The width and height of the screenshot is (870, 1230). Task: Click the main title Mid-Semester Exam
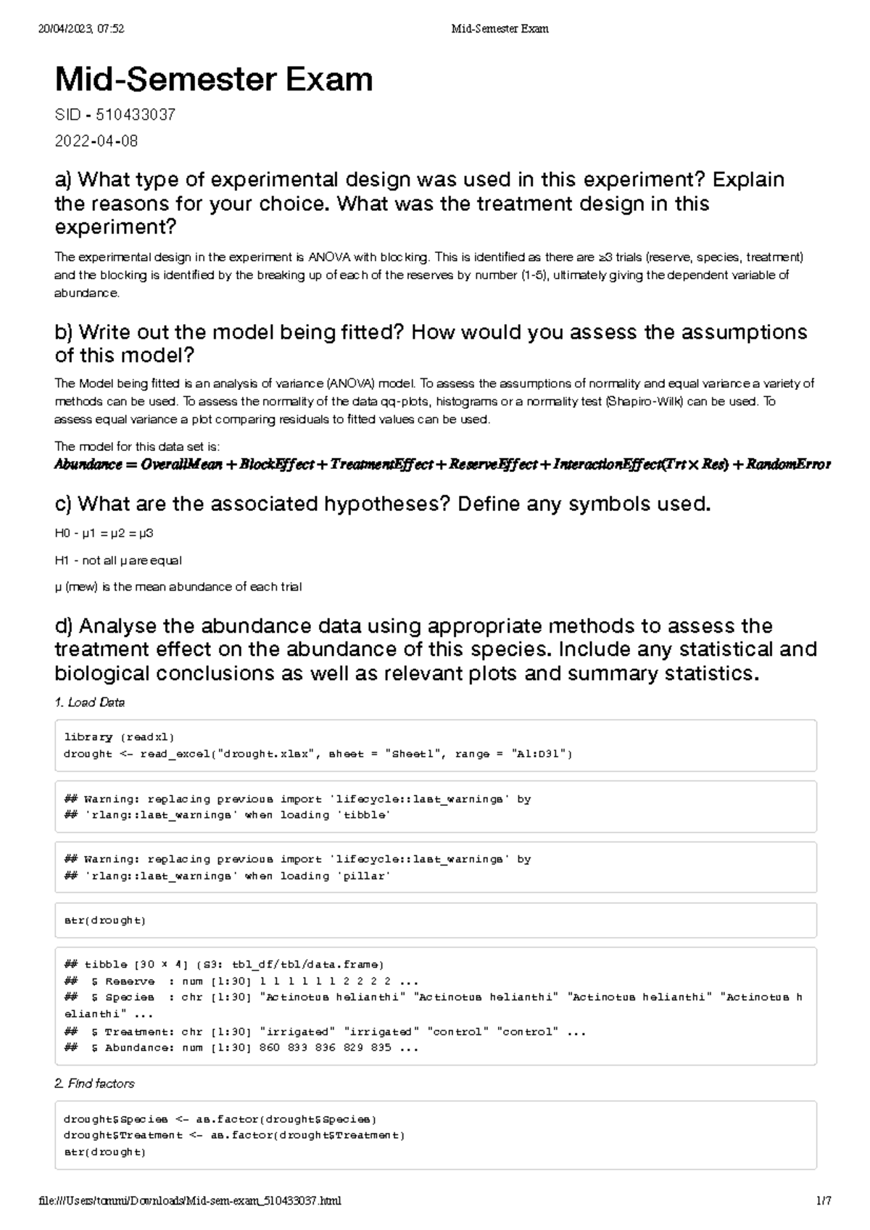[214, 80]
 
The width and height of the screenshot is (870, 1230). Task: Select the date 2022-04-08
[96, 141]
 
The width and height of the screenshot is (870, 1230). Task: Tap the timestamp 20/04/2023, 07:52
[81, 29]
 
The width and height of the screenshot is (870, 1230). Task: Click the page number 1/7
[824, 1200]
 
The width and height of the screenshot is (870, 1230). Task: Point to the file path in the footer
[190, 1200]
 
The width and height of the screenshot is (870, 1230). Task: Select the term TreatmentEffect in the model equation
[382, 465]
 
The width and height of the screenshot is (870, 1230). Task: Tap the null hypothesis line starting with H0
[104, 533]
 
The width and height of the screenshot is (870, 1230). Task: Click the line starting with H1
[118, 560]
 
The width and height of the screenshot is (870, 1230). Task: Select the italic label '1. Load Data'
[90, 702]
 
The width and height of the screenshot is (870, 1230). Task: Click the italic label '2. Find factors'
[94, 1084]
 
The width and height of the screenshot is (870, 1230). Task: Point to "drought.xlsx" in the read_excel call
[269, 754]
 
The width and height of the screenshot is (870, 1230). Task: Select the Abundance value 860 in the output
[269, 1047]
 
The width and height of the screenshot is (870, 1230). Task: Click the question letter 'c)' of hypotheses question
[64, 504]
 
